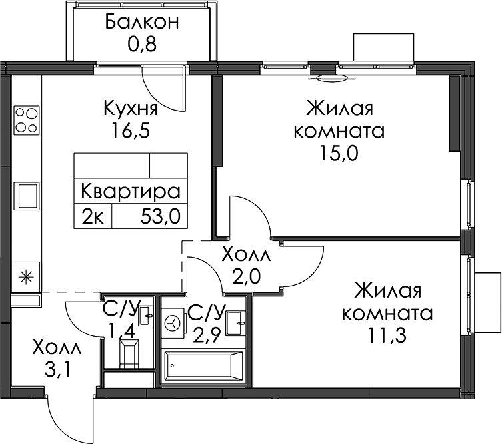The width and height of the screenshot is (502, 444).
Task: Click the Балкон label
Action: point(141,22)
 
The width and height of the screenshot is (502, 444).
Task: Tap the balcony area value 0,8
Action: point(142,44)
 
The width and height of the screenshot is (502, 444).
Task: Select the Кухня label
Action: point(131,109)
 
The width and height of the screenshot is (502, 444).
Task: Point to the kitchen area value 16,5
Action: point(131,130)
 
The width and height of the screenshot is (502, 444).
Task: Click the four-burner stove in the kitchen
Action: point(27,120)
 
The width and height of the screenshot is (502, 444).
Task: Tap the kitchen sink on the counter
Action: point(26,196)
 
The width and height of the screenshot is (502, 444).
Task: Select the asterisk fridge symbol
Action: point(26,277)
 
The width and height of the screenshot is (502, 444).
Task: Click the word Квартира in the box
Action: point(131,192)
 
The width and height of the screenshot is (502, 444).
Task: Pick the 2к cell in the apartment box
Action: point(93,216)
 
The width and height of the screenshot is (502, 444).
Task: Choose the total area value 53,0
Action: point(161,216)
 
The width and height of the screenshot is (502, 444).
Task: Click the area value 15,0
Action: point(339,154)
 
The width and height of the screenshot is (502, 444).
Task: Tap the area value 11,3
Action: point(387,335)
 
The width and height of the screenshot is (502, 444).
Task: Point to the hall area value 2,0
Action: point(247,277)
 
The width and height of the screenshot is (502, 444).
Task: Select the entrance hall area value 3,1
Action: point(57,370)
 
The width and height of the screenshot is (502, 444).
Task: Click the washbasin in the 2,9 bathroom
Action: point(236,323)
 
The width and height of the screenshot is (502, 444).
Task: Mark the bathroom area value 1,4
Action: point(123,331)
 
